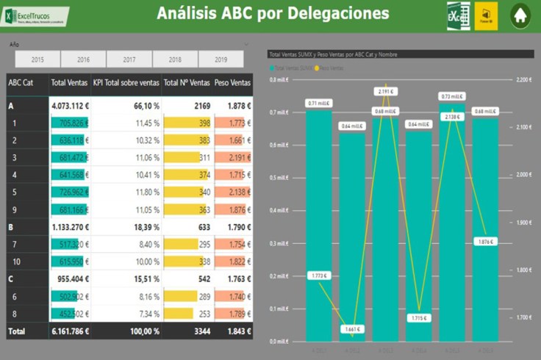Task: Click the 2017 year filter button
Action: tap(129, 60)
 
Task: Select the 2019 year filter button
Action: tap(221, 60)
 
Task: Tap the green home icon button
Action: tap(520, 15)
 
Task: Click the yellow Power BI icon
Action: tap(486, 15)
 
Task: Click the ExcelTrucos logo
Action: tap(37, 15)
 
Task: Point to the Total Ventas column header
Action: tap(70, 82)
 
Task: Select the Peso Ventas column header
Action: tap(233, 82)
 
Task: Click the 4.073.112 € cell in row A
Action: tap(70, 106)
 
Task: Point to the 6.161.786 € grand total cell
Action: tap(70, 331)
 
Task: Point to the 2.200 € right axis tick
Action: tap(523, 79)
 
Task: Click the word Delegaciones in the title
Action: tap(337, 13)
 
